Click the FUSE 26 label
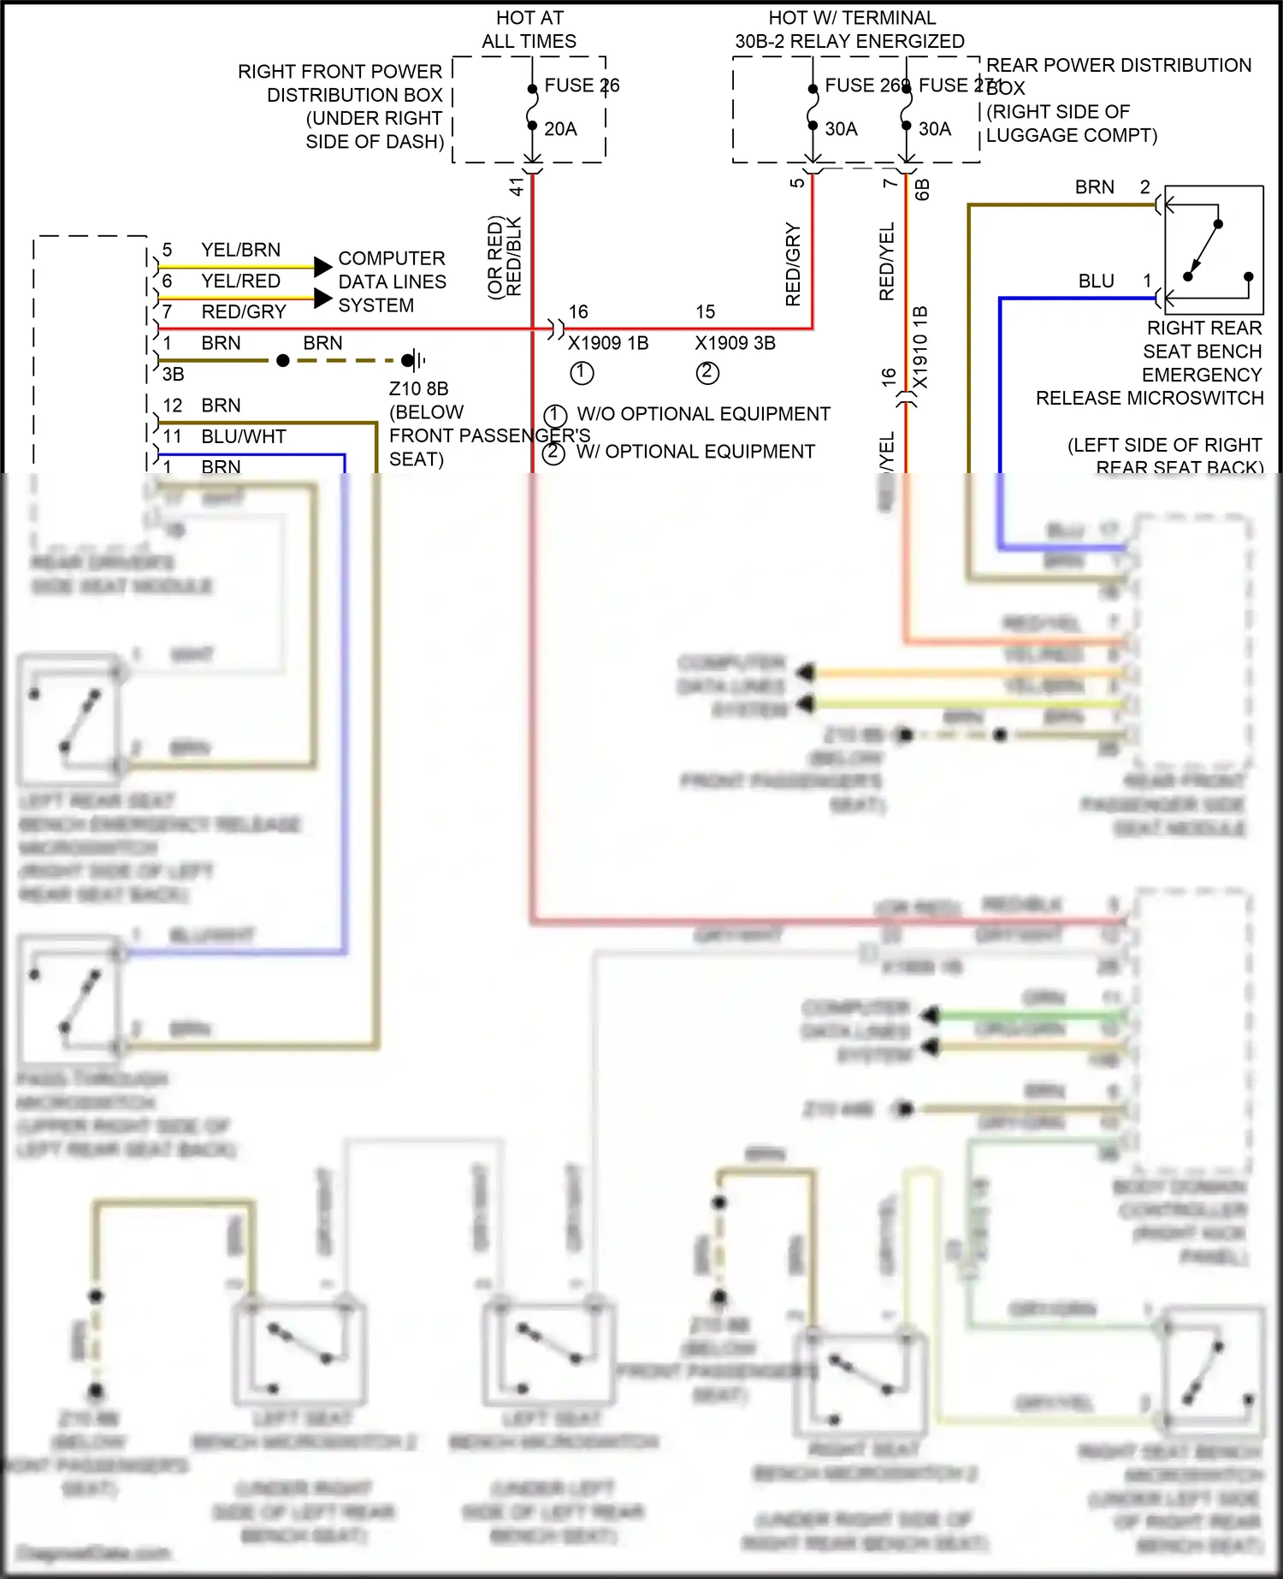582,86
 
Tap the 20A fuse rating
560,129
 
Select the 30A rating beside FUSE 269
841,129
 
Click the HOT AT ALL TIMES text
529,29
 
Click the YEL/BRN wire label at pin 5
240,250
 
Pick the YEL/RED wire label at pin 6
240,281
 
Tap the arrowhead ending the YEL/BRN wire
322,266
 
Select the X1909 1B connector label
608,343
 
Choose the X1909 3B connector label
735,343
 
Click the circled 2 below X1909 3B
707,373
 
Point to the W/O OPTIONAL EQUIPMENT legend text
703,414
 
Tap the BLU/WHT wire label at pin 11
244,436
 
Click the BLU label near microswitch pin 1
1096,281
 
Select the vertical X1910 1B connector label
920,346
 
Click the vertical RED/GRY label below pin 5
793,265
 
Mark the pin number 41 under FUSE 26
517,186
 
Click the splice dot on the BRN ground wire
283,360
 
